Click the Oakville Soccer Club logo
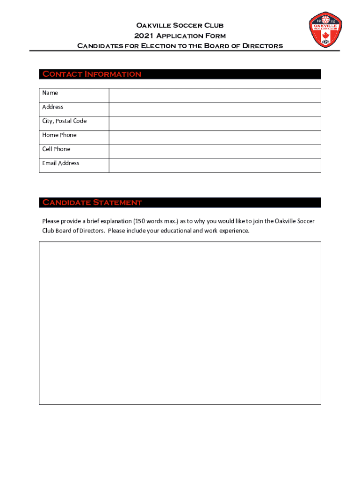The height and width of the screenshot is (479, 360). (x=325, y=30)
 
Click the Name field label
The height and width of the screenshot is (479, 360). (x=50, y=93)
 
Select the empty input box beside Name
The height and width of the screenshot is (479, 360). (x=215, y=95)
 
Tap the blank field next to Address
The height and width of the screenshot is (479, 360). (x=215, y=109)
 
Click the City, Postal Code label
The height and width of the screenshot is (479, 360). (x=65, y=121)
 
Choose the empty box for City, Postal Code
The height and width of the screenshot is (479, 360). (x=215, y=123)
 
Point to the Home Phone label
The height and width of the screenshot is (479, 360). (x=59, y=135)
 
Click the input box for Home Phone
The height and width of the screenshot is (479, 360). (x=215, y=138)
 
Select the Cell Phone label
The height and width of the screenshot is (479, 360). (x=56, y=149)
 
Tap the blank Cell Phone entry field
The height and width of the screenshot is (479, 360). (x=215, y=152)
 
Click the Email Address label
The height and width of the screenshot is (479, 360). (x=61, y=163)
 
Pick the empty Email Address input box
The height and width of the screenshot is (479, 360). (x=215, y=166)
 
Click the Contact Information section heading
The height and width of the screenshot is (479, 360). (x=92, y=74)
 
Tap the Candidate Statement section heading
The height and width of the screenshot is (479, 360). (x=92, y=203)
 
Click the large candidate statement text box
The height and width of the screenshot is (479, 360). (x=180, y=323)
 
